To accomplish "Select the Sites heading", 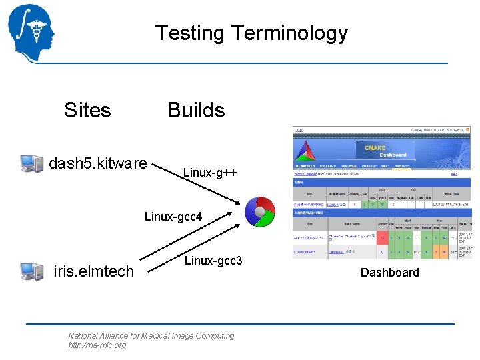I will (87, 110).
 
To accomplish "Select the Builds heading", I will (196, 110).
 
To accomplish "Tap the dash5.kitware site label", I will (98, 163).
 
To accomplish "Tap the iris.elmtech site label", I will (93, 271).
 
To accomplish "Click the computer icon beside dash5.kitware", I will (31, 163).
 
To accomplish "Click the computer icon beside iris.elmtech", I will (31, 271).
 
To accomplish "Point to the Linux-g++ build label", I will (209, 173).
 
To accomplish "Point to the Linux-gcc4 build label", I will (173, 217).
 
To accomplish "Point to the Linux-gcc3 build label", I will (213, 261).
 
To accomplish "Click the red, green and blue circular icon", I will (259, 212).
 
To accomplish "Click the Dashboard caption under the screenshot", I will (389, 272).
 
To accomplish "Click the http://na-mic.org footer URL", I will (97, 345).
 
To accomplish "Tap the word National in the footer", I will (83, 336).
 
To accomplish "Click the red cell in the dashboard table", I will (383, 237).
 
